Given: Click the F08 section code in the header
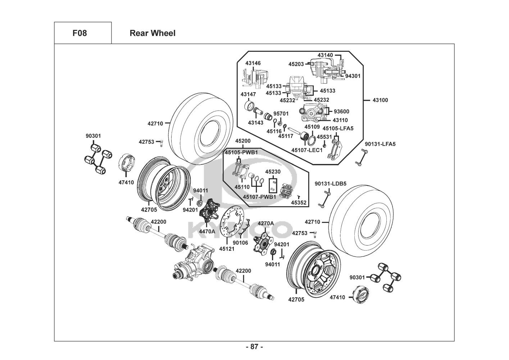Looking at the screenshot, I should (79, 33).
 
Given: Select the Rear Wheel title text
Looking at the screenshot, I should (153, 33).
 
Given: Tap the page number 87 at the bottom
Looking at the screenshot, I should (254, 347).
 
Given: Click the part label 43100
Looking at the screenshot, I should (380, 100).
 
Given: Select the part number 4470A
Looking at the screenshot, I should (207, 231).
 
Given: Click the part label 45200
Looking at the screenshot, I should (243, 141).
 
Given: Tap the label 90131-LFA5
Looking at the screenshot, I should (380, 144).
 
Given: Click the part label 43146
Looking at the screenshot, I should (253, 63).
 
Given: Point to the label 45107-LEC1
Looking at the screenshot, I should (307, 150).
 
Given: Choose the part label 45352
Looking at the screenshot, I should (299, 203).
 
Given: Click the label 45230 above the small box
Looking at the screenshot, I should (273, 172).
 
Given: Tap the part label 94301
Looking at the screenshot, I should (353, 76).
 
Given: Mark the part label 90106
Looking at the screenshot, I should (240, 243).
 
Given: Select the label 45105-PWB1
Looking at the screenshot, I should (241, 153).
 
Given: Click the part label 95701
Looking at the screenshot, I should (281, 114).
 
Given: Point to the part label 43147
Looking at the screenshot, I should (248, 94).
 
